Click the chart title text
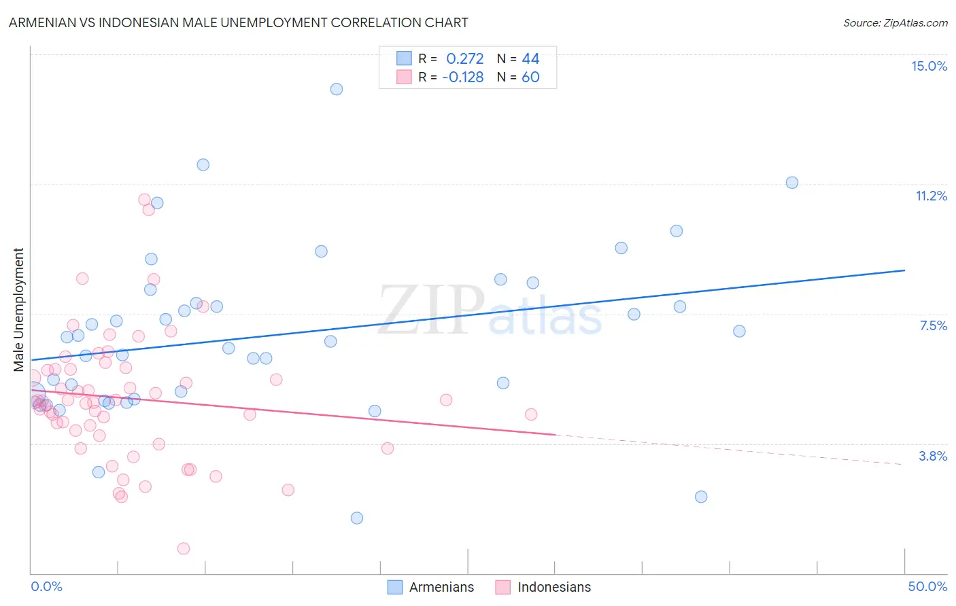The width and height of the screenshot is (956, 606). pyautogui.click(x=238, y=22)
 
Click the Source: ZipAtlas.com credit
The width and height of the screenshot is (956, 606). pyautogui.click(x=895, y=22)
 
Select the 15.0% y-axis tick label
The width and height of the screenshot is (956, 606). pyautogui.click(x=929, y=66)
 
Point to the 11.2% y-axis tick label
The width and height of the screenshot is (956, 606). pyautogui.click(x=931, y=196)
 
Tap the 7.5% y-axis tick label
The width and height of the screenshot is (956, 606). pyautogui.click(x=933, y=325)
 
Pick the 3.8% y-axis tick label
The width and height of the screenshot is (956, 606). pyautogui.click(x=933, y=456)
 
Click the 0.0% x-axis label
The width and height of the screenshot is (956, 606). pyautogui.click(x=46, y=586)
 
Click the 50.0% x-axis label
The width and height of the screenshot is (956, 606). pyautogui.click(x=927, y=586)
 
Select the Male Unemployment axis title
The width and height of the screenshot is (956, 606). pyautogui.click(x=18, y=310)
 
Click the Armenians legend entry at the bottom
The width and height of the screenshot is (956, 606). pyautogui.click(x=431, y=587)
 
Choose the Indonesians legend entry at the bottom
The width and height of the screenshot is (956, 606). pyautogui.click(x=543, y=587)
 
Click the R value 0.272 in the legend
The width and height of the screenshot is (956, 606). pyautogui.click(x=465, y=59)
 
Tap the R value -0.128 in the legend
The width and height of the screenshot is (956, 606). pyautogui.click(x=463, y=77)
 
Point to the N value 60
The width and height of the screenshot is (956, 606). pyautogui.click(x=530, y=77)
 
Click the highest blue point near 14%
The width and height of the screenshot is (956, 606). pyautogui.click(x=337, y=89)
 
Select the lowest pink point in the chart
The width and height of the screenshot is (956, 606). pyautogui.click(x=184, y=548)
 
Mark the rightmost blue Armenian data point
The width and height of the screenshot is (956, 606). pyautogui.click(x=792, y=183)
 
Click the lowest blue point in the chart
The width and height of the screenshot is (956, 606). pyautogui.click(x=357, y=518)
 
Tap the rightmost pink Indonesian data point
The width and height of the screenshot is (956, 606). pyautogui.click(x=531, y=414)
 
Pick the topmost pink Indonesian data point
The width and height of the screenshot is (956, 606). pyautogui.click(x=144, y=200)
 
